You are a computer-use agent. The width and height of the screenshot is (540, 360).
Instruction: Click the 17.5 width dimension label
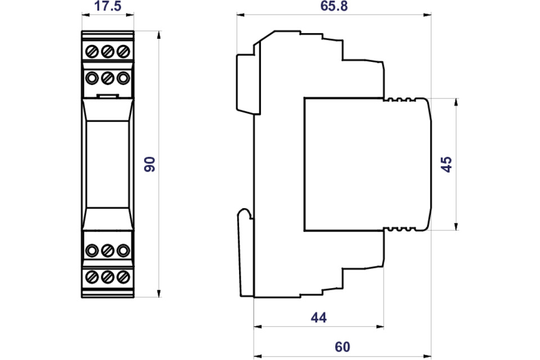(x=108, y=6)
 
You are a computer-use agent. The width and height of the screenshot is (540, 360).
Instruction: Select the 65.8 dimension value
(x=334, y=6)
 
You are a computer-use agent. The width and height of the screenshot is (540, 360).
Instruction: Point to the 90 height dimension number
(x=150, y=164)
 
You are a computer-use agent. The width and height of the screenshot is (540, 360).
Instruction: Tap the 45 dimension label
(x=446, y=164)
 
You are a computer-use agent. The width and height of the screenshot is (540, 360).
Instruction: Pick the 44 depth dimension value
(x=318, y=317)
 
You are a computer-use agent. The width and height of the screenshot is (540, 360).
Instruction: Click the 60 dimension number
(x=343, y=346)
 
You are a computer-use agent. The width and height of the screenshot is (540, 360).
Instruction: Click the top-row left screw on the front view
(x=92, y=52)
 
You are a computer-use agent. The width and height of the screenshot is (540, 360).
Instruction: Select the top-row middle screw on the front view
(x=108, y=52)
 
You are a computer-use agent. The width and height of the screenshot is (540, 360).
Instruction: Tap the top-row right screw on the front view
(x=123, y=52)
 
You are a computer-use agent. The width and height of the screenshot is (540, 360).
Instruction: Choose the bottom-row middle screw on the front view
(x=108, y=277)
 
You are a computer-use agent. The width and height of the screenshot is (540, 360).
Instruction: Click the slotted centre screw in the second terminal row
(x=108, y=78)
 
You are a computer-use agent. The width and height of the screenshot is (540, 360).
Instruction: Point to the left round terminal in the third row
(x=92, y=250)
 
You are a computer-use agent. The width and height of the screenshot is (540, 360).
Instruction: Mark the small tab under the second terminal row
(x=108, y=96)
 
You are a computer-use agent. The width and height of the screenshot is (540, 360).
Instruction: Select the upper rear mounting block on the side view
(x=247, y=83)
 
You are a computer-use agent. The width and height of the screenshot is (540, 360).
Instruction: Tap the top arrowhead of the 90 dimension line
(x=159, y=35)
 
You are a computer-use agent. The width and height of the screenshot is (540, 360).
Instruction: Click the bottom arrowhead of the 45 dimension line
(x=456, y=226)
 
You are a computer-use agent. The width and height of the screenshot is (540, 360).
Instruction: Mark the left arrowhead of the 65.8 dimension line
(x=241, y=15)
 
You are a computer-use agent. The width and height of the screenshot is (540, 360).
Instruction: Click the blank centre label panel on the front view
(x=108, y=164)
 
